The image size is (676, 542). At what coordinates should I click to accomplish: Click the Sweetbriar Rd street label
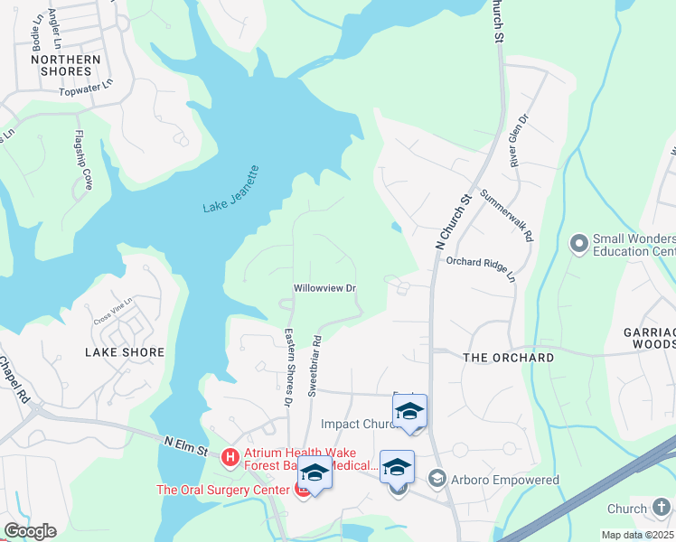click(316, 367)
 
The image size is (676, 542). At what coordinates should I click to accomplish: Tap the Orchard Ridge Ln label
click(481, 268)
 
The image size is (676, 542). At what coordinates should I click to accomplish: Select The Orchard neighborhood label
click(509, 358)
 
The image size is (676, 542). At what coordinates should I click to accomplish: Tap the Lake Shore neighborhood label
click(125, 352)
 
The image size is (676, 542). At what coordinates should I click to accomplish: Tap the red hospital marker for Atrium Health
click(230, 458)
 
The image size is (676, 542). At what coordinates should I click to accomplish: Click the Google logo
click(30, 531)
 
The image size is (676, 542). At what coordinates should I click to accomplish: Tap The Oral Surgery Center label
click(222, 491)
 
